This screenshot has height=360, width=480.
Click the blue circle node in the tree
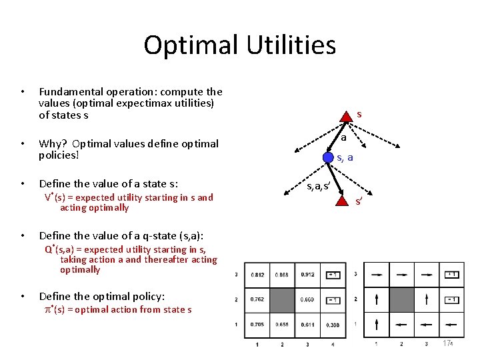(x=328, y=157)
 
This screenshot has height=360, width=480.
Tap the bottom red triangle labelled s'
(x=341, y=198)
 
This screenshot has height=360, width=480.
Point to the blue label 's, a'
(x=345, y=158)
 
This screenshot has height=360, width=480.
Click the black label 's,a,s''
(x=318, y=187)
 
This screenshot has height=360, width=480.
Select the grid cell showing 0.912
(x=308, y=275)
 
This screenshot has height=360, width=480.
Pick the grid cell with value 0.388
(x=333, y=325)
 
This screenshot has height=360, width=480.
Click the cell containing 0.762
(x=257, y=299)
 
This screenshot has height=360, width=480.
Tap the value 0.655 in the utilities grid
(x=283, y=325)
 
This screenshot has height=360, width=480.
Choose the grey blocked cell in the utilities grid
(x=283, y=299)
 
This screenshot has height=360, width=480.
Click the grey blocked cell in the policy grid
(x=401, y=299)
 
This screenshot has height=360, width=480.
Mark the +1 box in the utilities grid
(x=333, y=275)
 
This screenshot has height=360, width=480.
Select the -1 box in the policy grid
(x=451, y=299)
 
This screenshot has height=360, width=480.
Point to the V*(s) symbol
(x=55, y=197)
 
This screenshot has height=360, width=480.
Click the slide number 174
(x=447, y=343)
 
